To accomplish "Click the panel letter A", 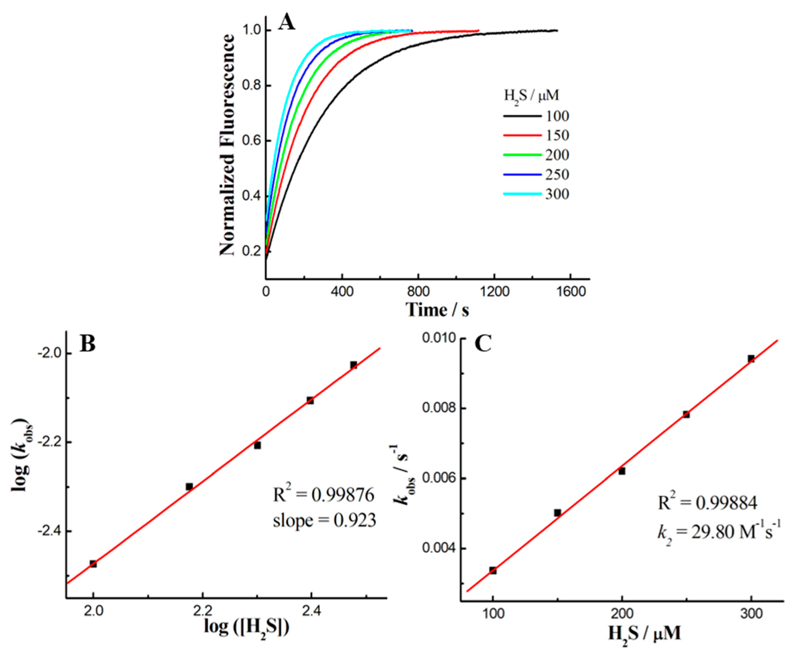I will tap(287, 24).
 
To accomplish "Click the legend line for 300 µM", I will tap(522, 194).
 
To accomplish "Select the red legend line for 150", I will tap(522, 135).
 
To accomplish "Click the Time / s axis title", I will tap(437, 310).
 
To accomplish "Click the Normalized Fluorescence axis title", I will tap(227, 145).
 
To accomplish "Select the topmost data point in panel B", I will tap(353, 365).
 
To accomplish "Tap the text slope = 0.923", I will tap(324, 520).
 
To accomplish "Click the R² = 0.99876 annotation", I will tap(324, 495).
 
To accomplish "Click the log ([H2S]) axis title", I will tap(247, 627).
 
